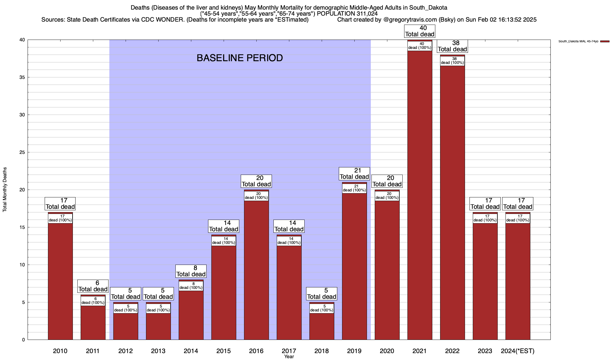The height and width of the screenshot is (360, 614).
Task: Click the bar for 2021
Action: [x=420, y=195]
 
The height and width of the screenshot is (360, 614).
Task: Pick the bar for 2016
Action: [x=256, y=270]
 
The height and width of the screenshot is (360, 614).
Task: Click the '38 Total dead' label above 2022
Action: [x=452, y=46]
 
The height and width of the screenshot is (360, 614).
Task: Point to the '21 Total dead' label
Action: [x=354, y=174]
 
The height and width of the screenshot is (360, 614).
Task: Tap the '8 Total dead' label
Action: [x=191, y=271]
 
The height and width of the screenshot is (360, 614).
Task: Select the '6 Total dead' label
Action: [x=93, y=286]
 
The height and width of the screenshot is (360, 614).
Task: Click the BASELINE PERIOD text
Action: [x=240, y=58]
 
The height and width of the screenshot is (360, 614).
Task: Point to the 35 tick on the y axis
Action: [x=22, y=77]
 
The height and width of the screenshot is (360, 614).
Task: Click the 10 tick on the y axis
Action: [x=22, y=265]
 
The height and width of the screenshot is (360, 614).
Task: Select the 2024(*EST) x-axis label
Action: [x=518, y=351]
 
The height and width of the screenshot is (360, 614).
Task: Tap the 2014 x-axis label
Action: [x=191, y=351]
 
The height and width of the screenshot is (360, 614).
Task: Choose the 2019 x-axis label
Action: [x=354, y=351]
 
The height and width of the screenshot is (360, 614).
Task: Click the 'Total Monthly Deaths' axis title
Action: [x=5, y=190]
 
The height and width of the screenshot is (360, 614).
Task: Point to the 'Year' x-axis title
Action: [x=289, y=357]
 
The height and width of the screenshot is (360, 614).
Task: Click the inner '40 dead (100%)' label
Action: [x=420, y=46]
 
